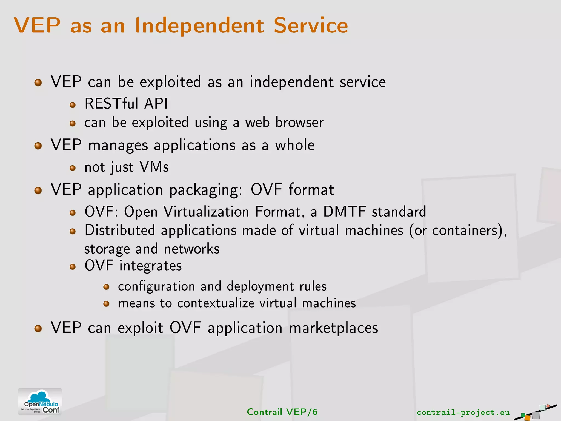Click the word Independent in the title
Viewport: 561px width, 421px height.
click(x=199, y=25)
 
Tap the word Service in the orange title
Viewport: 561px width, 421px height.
click(x=311, y=25)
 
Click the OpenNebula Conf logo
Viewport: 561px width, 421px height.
click(x=40, y=401)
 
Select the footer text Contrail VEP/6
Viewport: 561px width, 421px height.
click(x=282, y=412)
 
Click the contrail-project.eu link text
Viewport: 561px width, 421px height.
click(x=463, y=412)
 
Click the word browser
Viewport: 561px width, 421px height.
click(x=299, y=122)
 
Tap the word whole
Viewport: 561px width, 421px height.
click(x=295, y=145)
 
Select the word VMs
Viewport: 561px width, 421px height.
click(x=154, y=167)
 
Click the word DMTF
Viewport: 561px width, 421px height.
click(x=344, y=212)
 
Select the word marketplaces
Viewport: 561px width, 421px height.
click(x=333, y=328)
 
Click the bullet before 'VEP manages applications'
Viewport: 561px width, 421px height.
click(x=38, y=146)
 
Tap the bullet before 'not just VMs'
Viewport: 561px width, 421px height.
click(x=73, y=168)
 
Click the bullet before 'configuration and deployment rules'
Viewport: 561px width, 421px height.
click(x=106, y=287)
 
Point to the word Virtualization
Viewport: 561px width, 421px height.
click(x=206, y=212)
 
